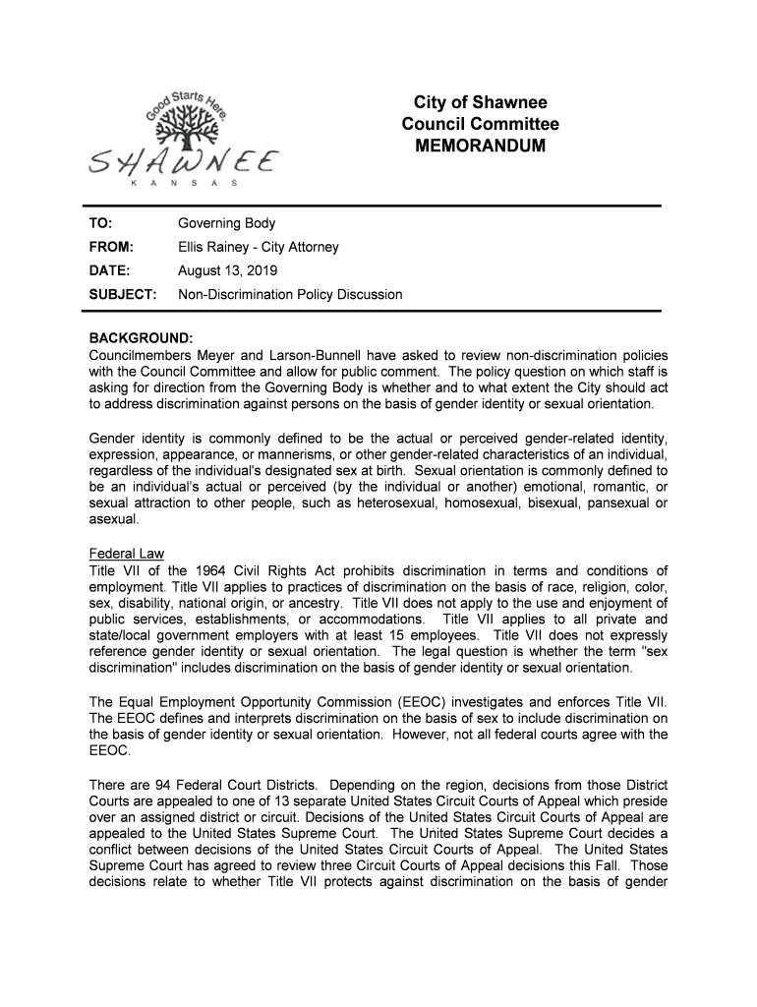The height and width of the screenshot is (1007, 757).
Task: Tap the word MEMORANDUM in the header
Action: point(480,146)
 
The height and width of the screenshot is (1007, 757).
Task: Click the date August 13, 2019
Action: point(226,270)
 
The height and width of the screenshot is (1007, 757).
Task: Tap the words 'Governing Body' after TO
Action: point(226,224)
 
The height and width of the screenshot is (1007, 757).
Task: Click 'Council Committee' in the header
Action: point(480,124)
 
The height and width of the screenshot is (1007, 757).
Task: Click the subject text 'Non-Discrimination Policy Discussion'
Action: point(290,294)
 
